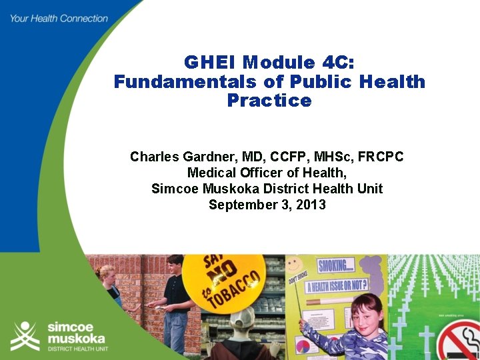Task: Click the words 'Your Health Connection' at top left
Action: [59, 18]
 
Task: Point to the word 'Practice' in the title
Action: [269, 101]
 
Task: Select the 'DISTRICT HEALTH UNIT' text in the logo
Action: [76, 349]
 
